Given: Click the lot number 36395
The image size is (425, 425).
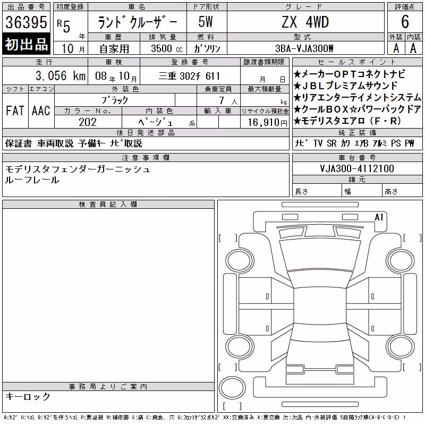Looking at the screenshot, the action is pyautogui.click(x=26, y=22).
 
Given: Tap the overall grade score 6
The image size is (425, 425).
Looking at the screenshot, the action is pyautogui.click(x=405, y=22).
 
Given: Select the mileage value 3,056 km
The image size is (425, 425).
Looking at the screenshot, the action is pyautogui.click(x=61, y=75).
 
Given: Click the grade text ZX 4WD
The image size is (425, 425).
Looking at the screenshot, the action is pyautogui.click(x=305, y=22).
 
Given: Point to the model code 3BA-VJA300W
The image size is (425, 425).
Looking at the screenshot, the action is pyautogui.click(x=304, y=48).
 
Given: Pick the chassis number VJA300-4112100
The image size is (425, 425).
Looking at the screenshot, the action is pyautogui.click(x=357, y=168).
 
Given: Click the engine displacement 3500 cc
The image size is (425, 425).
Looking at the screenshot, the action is pyautogui.click(x=167, y=48).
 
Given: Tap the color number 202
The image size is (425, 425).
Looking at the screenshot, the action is pyautogui.click(x=88, y=122).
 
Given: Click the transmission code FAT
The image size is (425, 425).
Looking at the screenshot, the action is pyautogui.click(x=15, y=110).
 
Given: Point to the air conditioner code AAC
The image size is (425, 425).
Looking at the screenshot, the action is pyautogui.click(x=41, y=110).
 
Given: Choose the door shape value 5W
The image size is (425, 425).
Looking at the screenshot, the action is pyautogui.click(x=206, y=22).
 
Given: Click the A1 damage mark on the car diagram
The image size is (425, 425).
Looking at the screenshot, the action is pyautogui.click(x=379, y=217).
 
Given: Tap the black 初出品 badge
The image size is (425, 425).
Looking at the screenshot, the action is pyautogui.click(x=26, y=44).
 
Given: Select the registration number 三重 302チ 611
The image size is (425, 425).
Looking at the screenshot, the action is pyautogui.click(x=189, y=76).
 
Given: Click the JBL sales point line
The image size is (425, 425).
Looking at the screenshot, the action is pyautogui.click(x=345, y=86).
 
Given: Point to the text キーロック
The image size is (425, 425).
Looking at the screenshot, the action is pyautogui.click(x=28, y=396).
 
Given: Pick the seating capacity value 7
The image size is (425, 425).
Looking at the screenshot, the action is pyautogui.click(x=222, y=100).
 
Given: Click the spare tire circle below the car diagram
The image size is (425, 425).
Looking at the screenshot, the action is pyautogui.click(x=232, y=388).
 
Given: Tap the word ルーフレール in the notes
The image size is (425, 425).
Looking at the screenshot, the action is pyautogui.click(x=32, y=180).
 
